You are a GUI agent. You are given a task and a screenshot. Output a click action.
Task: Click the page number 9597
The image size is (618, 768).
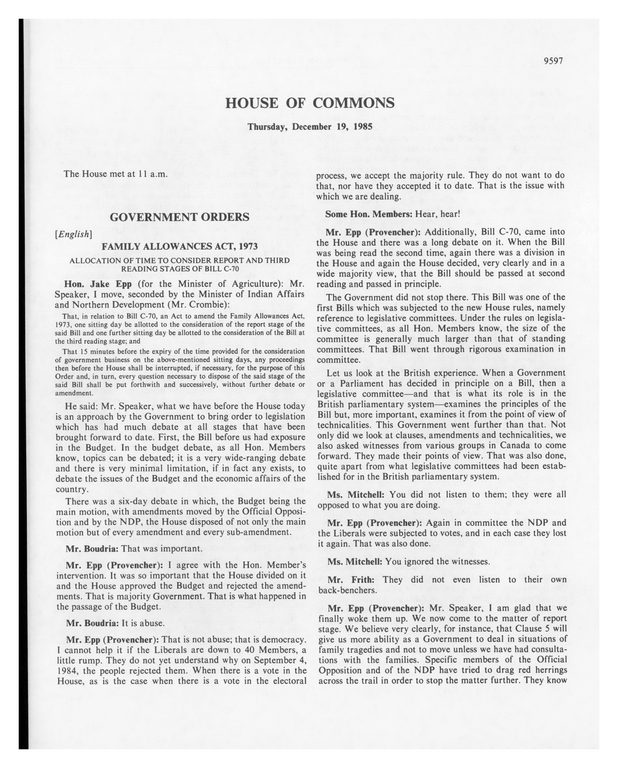coord(553,61)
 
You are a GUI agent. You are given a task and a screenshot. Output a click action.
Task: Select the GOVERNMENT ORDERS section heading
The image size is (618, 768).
coord(180,217)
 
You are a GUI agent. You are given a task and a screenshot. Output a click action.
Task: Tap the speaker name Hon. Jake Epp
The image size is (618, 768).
coord(98,284)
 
